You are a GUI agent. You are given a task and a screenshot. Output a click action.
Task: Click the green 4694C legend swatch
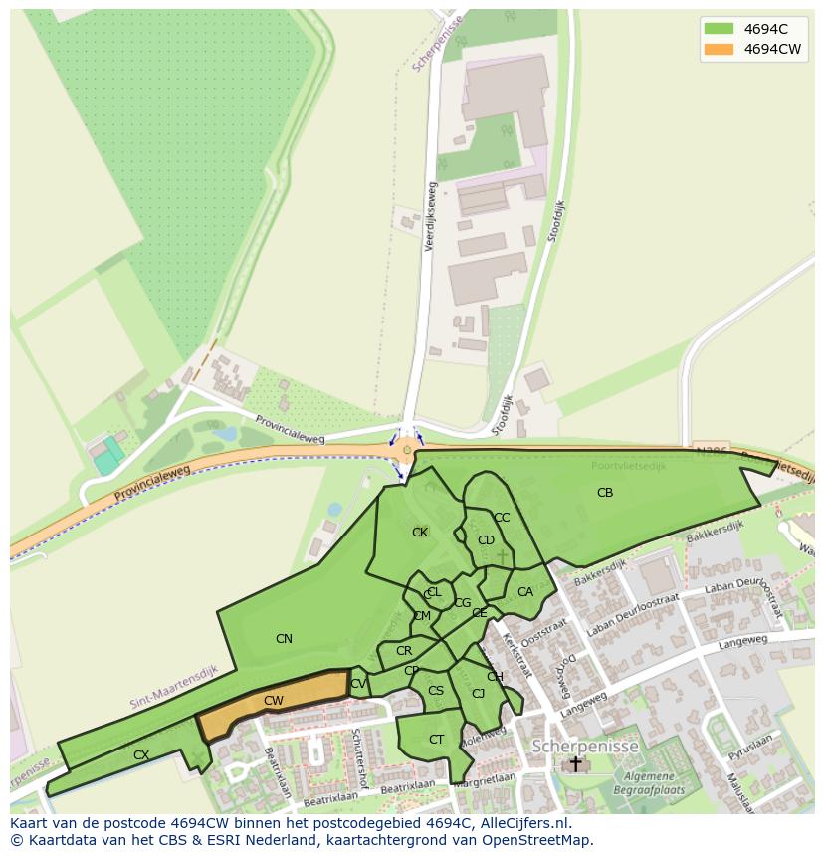click(718, 28)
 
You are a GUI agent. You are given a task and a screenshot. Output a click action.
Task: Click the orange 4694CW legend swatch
click(718, 49)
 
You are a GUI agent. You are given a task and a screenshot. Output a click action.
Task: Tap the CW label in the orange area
click(274, 701)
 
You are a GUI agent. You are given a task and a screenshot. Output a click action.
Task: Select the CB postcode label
click(605, 493)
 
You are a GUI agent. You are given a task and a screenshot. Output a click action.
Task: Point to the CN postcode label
click(284, 639)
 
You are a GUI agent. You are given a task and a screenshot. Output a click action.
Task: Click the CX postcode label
click(141, 755)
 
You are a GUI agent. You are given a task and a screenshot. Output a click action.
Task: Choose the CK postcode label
click(420, 533)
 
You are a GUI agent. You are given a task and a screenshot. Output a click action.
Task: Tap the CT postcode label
click(436, 740)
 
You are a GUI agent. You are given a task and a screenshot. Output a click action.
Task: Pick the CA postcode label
click(525, 592)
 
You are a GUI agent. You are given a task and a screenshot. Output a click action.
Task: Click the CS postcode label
click(436, 691)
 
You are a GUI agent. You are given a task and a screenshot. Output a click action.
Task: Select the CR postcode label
click(404, 652)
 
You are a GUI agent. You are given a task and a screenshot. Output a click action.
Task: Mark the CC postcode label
click(502, 518)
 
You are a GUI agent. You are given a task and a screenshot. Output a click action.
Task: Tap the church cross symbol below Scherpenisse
click(575, 764)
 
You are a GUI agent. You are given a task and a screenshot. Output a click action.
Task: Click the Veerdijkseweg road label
click(430, 216)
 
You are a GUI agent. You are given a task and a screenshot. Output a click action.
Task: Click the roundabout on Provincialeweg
click(406, 451)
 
